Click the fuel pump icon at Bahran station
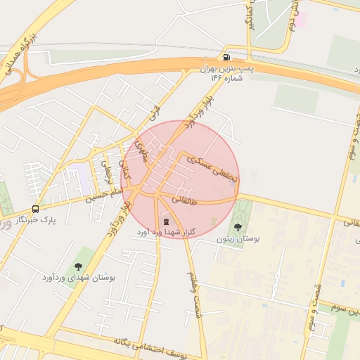(x=226, y=57)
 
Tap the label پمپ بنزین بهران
(x=226, y=69)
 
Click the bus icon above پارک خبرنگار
(x=35, y=209)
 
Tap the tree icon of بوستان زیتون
(x=238, y=227)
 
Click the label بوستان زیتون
(x=238, y=239)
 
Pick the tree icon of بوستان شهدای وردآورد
(x=78, y=266)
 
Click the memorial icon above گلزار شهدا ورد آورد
(x=166, y=221)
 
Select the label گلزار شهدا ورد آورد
(x=167, y=233)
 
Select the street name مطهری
(x=141, y=150)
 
